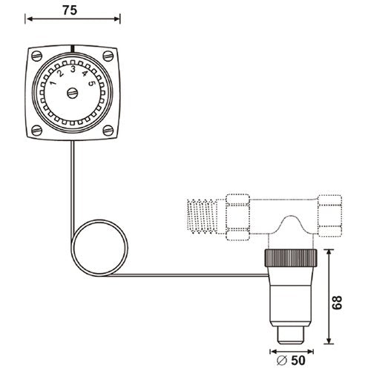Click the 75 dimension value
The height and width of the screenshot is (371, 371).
[x=70, y=10]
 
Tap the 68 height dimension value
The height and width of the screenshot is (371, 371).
[x=337, y=302]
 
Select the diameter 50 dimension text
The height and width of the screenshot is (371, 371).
[x=291, y=361]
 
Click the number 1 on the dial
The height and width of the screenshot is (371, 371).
[x=53, y=83]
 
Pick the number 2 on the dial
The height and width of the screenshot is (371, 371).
[x=60, y=73]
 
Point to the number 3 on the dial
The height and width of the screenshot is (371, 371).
[x=73, y=70]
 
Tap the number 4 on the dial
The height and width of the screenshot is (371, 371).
[x=85, y=73]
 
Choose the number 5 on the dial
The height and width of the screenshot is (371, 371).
[x=91, y=83]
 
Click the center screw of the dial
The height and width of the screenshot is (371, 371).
[x=73, y=93]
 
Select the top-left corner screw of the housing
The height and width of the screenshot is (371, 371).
[x=37, y=56]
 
